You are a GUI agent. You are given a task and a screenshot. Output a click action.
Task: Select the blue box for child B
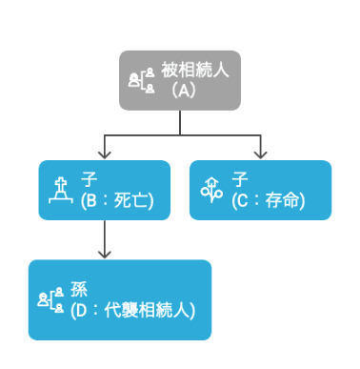pyautogui.click(x=105, y=190)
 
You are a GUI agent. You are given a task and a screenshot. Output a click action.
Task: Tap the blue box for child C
pyautogui.click(x=260, y=190)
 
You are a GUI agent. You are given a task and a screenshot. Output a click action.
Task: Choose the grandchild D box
pyautogui.click(x=119, y=299)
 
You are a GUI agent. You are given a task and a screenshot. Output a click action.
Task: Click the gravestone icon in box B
pyautogui.click(x=61, y=191)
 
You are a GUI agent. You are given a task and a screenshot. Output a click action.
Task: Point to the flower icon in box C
pyautogui.click(x=211, y=191)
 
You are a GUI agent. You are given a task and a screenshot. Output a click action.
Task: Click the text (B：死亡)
pyautogui.click(x=118, y=201)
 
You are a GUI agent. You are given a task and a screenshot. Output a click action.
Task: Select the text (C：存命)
pyautogui.click(x=270, y=201)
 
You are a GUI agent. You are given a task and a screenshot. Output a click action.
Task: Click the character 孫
pyautogui.click(x=78, y=288)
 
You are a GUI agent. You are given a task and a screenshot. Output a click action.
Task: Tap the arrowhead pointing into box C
pyautogui.click(x=260, y=154)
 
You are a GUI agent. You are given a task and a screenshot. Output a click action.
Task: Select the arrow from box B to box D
pyautogui.click(x=105, y=239)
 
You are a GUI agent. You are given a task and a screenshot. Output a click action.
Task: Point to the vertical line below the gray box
pyautogui.click(x=181, y=121)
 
